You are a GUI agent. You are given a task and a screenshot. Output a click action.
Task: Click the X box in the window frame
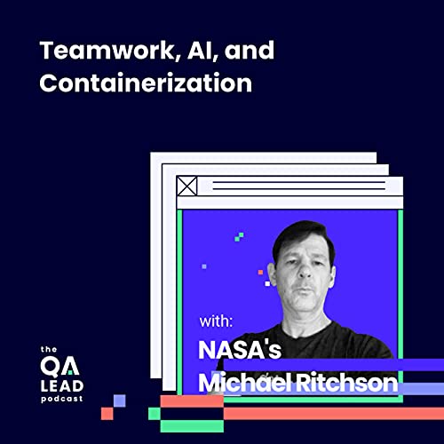pyautogui.click(x=186, y=186)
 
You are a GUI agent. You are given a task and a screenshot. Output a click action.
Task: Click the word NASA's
pyautogui.click(x=240, y=350)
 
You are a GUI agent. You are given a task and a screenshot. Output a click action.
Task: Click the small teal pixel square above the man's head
pyautogui.click(x=239, y=237)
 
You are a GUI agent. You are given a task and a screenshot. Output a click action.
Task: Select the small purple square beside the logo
pyautogui.click(x=119, y=400)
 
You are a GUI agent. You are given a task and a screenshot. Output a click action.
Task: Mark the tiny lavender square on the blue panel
pyautogui.click(x=204, y=266)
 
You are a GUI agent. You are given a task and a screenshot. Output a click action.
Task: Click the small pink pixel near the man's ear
pyautogui.click(x=260, y=272)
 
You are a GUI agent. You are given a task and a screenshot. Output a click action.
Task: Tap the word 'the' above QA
pyautogui.click(x=51, y=348)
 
